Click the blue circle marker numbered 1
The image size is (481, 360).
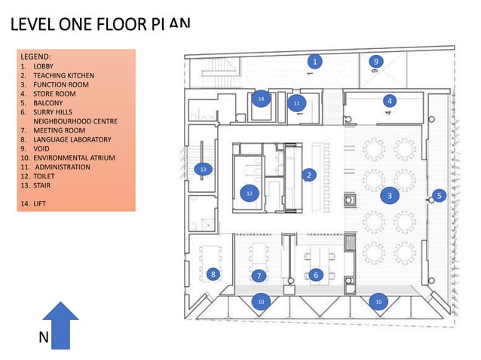(x=316, y=61)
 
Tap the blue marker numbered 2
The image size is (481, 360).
(x=308, y=175)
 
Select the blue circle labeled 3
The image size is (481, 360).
(x=389, y=196)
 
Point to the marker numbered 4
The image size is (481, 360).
(x=389, y=100)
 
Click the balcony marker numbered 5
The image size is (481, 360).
(x=440, y=196)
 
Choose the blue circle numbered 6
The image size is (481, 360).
(x=316, y=276)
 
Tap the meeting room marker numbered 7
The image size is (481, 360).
(x=259, y=276)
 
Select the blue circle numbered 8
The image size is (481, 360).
(x=213, y=275)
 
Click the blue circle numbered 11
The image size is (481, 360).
(x=296, y=103)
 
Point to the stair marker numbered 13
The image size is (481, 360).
(x=203, y=170)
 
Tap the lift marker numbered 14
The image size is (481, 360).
(x=261, y=99)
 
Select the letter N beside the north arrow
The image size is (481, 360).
(x=44, y=339)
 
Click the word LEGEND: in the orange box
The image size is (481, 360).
(x=36, y=56)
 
